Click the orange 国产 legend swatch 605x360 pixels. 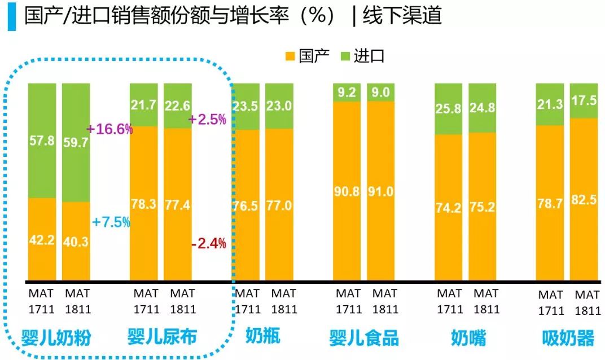pos(291,56)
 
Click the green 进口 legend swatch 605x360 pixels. pos(345,56)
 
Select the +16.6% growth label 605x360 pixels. pos(109,129)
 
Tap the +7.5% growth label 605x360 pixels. pos(111,222)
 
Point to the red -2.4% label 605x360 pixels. pos(208,244)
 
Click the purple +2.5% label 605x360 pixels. pos(207,120)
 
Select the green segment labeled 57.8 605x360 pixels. pos(42,141)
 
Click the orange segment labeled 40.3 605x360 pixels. pos(76,241)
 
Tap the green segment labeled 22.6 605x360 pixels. pos(178,106)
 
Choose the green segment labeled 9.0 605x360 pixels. pos(380,92)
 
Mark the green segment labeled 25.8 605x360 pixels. pos(449,108)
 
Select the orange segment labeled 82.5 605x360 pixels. pos(584,199)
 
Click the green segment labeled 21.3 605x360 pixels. pos(550,104)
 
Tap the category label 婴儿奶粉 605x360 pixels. pos(56,338)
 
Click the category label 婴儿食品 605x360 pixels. pos(364,338)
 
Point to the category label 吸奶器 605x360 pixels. pos(568,338)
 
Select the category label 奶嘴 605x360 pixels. pos(468,338)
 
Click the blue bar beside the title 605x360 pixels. pos(11,17)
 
